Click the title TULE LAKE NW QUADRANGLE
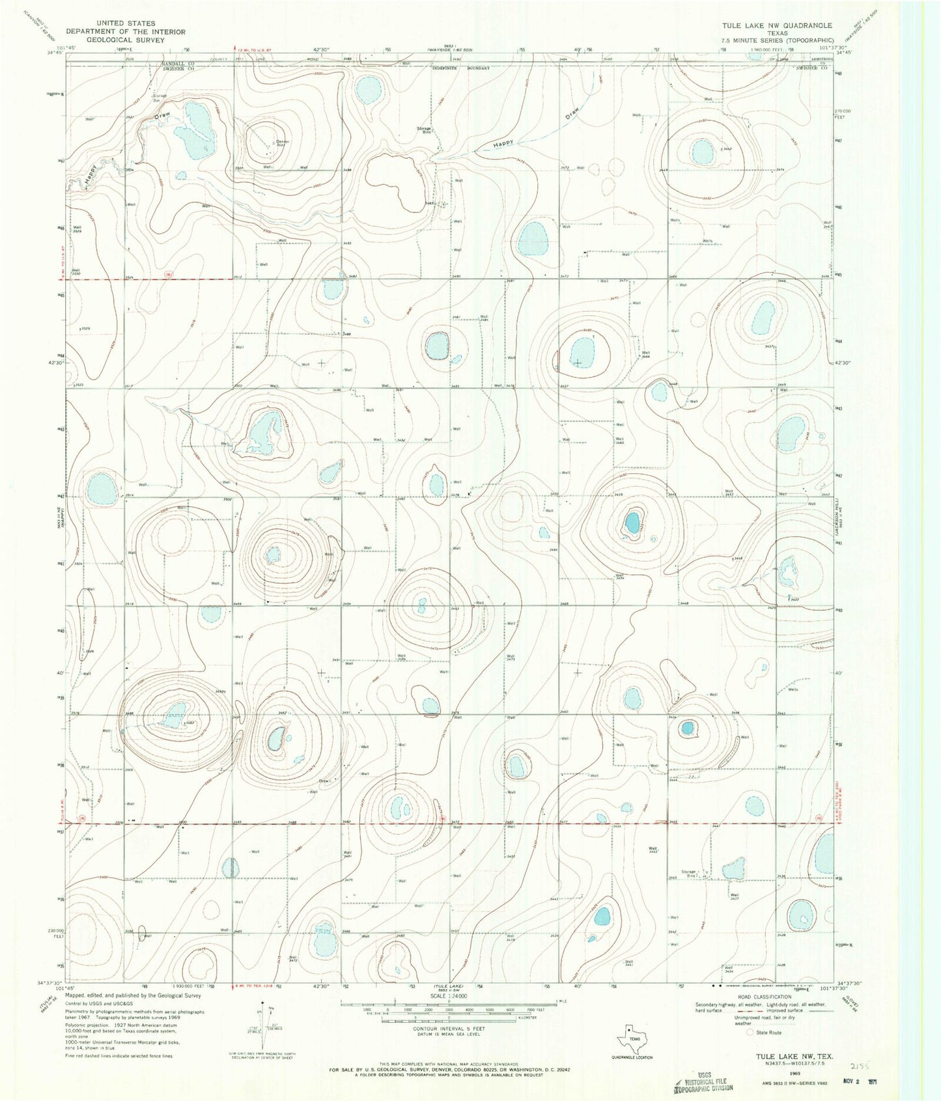(776, 25)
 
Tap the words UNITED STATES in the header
(126, 23)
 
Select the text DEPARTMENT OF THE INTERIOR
(126, 31)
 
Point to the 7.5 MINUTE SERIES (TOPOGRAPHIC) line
(776, 40)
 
